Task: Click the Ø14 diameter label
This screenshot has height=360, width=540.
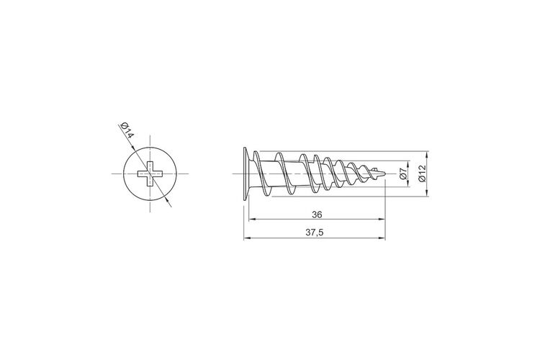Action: (x=127, y=130)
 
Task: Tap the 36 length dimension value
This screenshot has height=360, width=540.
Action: (x=317, y=215)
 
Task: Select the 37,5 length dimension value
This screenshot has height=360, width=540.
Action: (x=315, y=233)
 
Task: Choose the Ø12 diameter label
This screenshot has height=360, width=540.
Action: (x=422, y=174)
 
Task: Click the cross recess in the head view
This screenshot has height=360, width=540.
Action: (x=150, y=174)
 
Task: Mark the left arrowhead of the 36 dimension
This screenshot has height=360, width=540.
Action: (x=251, y=219)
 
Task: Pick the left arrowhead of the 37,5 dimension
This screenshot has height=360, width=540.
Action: (x=247, y=238)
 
